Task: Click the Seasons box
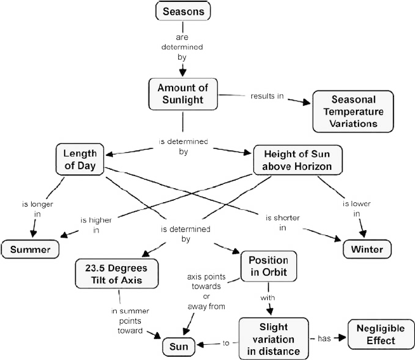(183, 11)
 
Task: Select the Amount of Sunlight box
(183, 94)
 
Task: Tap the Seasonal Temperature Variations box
(353, 112)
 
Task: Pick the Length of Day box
(80, 159)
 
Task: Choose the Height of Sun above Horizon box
(298, 160)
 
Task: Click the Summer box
(30, 249)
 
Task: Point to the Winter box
(367, 249)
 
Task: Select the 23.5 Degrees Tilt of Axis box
(117, 274)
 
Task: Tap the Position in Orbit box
(268, 266)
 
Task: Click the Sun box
(179, 347)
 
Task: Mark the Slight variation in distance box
(273, 339)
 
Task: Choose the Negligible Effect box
(381, 335)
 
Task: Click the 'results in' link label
(267, 96)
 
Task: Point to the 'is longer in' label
(37, 209)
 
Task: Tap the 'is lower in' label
(357, 209)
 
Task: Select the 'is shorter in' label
(282, 223)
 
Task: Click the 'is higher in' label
(96, 225)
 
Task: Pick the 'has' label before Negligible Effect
(324, 338)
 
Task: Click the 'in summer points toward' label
(130, 321)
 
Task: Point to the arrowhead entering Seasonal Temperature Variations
(306, 102)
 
